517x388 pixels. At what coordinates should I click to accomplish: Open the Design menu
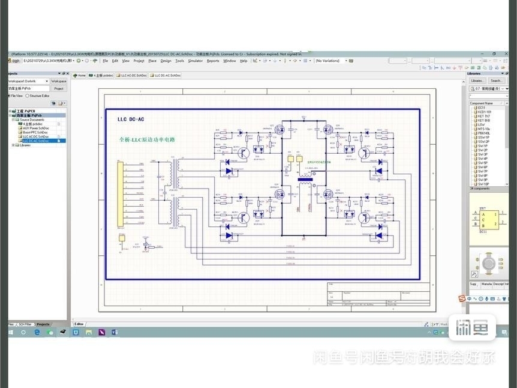[166, 61]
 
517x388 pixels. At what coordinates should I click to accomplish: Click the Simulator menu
[195, 61]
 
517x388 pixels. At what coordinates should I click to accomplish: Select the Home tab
[80, 76]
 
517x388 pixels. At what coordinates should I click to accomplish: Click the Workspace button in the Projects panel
[59, 80]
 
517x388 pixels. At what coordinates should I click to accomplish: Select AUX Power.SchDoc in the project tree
[35, 128]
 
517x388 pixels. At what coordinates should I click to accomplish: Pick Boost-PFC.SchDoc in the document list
[35, 132]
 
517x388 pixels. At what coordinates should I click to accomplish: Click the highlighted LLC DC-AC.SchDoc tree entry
[35, 141]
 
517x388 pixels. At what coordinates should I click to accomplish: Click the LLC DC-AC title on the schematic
[130, 120]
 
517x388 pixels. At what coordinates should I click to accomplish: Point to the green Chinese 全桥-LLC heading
[147, 139]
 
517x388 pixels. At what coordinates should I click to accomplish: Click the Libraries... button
[477, 80]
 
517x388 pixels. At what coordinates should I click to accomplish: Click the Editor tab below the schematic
[79, 324]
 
